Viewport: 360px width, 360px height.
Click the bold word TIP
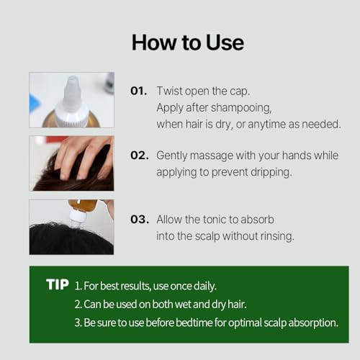(58, 284)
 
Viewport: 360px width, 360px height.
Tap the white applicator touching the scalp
(74, 219)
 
